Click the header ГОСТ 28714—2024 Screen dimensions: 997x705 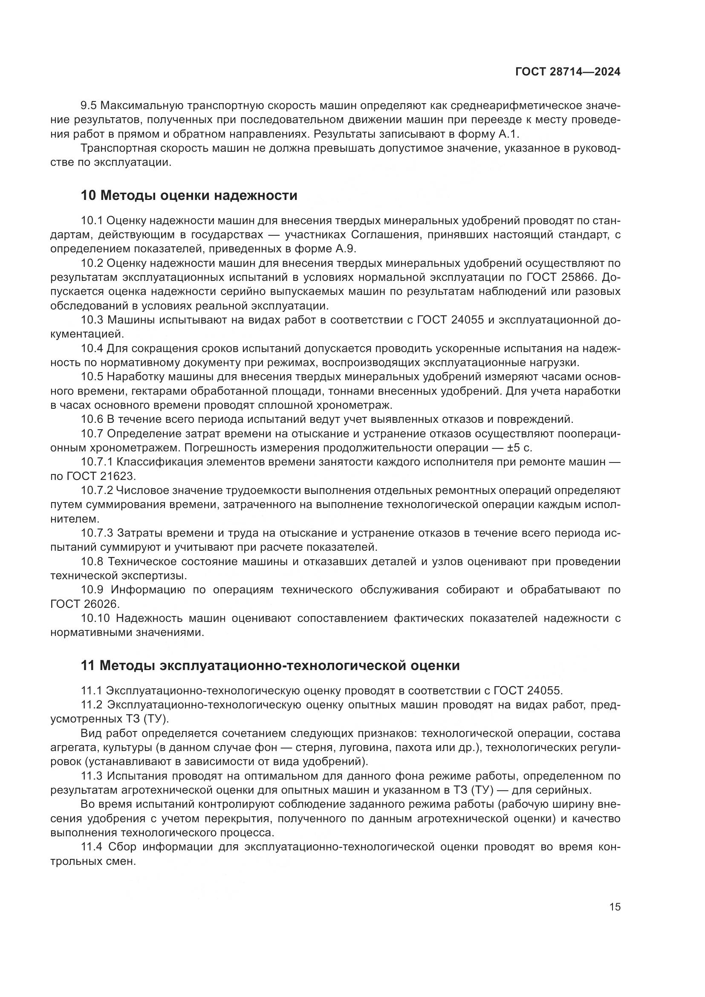[567, 72]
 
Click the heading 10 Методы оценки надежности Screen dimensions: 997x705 [189, 195]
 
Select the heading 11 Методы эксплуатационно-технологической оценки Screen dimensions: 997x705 [270, 665]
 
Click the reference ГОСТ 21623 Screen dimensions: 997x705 [100, 477]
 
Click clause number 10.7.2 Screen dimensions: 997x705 [96, 491]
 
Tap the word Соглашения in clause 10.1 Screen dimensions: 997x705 [385, 235]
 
